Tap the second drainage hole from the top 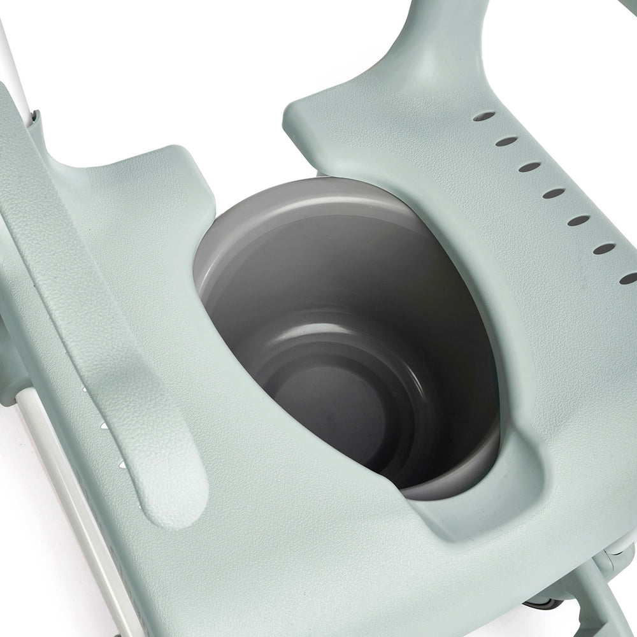(x=507, y=141)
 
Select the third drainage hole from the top (x=529, y=167)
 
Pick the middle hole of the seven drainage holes (x=554, y=192)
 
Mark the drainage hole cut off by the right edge (x=629, y=278)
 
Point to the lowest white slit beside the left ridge (x=121, y=466)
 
